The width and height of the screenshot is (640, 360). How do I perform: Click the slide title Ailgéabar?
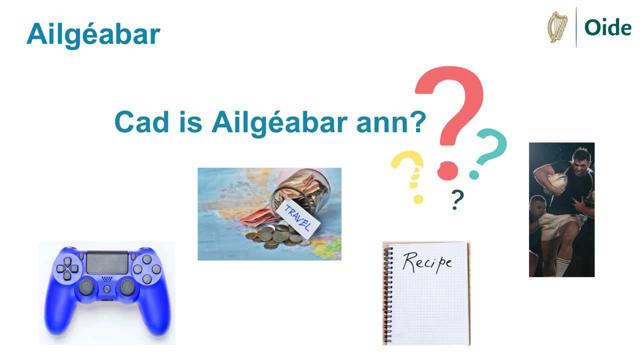click(93, 34)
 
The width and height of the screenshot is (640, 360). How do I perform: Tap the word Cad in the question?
click(141, 122)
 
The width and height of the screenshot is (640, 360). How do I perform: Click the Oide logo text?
click(607, 27)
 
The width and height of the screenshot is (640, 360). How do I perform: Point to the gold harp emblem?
click(557, 27)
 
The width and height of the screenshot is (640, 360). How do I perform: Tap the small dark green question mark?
click(457, 199)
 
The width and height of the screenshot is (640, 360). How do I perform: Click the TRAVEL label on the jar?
click(297, 219)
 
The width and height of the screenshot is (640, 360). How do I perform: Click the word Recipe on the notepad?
click(427, 262)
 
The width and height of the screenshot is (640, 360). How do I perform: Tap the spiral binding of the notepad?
click(388, 294)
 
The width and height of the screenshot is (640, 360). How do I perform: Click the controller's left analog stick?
click(86, 287)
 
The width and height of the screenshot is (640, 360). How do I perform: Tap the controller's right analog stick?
click(127, 287)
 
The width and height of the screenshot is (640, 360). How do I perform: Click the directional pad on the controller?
click(67, 268)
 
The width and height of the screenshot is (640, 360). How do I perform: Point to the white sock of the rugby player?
click(561, 267)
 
